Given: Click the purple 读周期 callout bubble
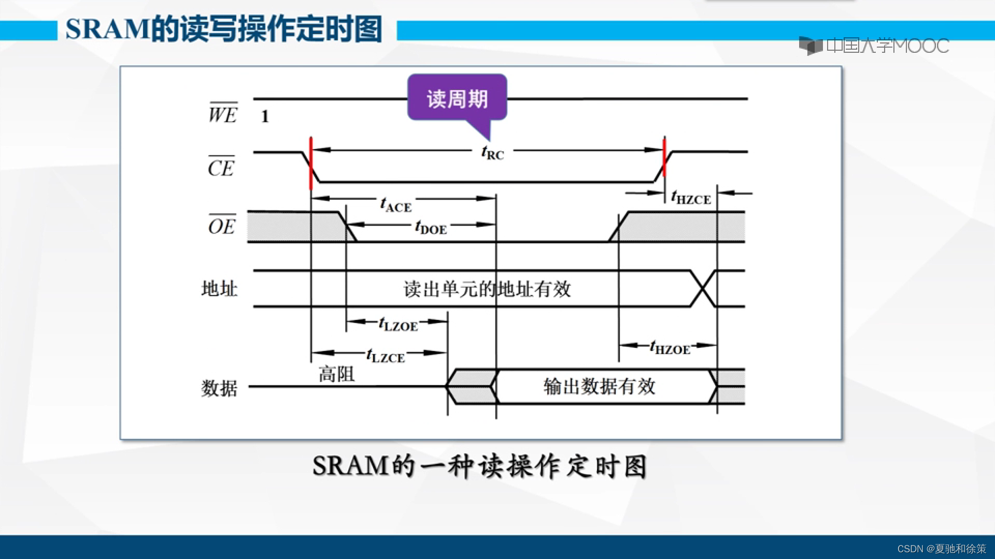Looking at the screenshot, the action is click(457, 98).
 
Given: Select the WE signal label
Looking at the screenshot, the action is click(223, 114).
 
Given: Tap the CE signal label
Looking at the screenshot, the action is click(221, 167).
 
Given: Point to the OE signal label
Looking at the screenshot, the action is click(222, 226).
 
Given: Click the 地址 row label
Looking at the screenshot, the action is click(219, 288).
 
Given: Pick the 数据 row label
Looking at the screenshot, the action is click(219, 387).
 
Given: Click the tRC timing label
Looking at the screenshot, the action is click(492, 153).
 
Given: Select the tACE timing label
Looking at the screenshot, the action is click(396, 205).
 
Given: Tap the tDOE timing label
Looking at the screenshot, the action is click(431, 227).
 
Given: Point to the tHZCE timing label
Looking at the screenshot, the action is click(691, 198).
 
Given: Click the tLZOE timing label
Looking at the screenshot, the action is click(398, 325).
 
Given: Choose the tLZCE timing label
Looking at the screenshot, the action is click(385, 356).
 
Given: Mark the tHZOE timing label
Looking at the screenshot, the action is click(670, 348).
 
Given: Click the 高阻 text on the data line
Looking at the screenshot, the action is click(336, 374).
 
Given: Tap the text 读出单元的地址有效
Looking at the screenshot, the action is click(487, 289).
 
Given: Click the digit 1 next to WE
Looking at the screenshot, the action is click(265, 116).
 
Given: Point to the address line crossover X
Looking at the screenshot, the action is click(703, 288).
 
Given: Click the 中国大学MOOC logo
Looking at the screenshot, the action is click(874, 46).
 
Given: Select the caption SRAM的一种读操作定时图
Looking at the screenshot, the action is click(480, 466).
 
